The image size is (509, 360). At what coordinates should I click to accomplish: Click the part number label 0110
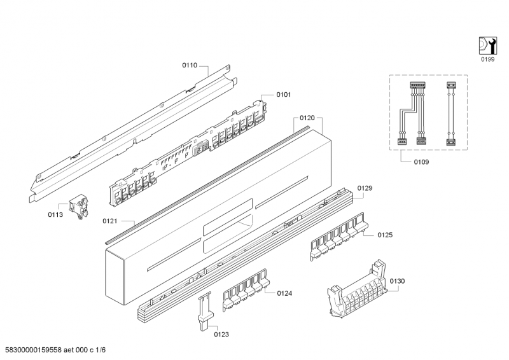pyautogui.click(x=190, y=66)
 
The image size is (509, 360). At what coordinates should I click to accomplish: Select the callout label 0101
pyautogui.click(x=284, y=95)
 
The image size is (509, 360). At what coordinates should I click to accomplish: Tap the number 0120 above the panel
pyautogui.click(x=307, y=118)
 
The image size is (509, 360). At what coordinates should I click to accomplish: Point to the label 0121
pyautogui.click(x=109, y=221)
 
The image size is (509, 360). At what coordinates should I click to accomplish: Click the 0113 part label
pyautogui.click(x=55, y=215)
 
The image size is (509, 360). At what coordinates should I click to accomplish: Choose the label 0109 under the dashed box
pyautogui.click(x=421, y=162)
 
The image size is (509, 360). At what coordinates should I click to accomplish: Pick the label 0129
pyautogui.click(x=365, y=188)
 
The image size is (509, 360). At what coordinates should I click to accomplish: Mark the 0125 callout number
pyautogui.click(x=385, y=235)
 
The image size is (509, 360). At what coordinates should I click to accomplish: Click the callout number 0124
pyautogui.click(x=284, y=293)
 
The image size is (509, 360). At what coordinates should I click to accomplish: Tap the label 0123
pyautogui.click(x=221, y=335)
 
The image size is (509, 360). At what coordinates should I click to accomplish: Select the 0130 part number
pyautogui.click(x=397, y=281)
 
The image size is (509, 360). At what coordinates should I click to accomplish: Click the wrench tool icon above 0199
pyautogui.click(x=488, y=45)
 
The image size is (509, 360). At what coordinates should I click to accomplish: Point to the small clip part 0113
pyautogui.click(x=78, y=206)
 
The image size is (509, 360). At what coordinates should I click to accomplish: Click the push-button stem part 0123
pyautogui.click(x=206, y=311)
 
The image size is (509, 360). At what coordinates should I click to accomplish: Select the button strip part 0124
pyautogui.click(x=246, y=289)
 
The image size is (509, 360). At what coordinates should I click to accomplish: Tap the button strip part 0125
pyautogui.click(x=339, y=237)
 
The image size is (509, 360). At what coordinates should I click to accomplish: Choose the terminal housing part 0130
pyautogui.click(x=358, y=290)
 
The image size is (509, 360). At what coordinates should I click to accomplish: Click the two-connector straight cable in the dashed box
pyautogui.click(x=450, y=113)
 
